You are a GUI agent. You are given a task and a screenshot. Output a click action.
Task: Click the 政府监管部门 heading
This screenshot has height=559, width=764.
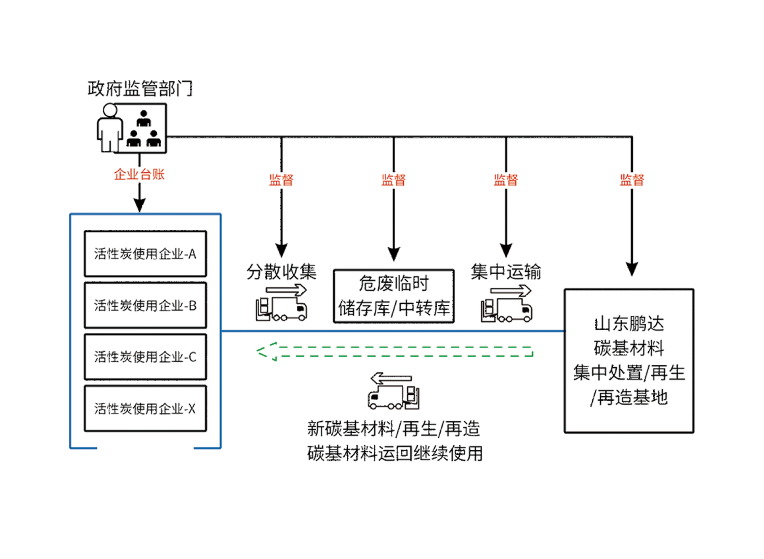pos(140,89)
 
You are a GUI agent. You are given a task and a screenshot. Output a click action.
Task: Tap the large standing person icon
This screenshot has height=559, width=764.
pos(109,128)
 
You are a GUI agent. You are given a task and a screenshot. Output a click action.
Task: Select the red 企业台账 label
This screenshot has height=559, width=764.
pos(139,174)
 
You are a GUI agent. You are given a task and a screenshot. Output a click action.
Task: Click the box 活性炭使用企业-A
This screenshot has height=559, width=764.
pos(146,254)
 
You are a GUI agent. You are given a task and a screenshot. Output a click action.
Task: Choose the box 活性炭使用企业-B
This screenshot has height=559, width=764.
pos(146,305)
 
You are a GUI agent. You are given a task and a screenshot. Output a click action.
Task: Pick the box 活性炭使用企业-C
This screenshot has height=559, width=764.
pos(146,357)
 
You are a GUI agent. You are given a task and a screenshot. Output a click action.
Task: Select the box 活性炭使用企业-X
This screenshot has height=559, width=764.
pos(146,408)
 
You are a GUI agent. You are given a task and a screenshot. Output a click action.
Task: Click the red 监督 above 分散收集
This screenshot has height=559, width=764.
pos(281,180)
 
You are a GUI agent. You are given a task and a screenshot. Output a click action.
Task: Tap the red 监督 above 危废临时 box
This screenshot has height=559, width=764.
pos(394,180)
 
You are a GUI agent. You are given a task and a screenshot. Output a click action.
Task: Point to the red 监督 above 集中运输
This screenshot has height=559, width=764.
pos(506,180)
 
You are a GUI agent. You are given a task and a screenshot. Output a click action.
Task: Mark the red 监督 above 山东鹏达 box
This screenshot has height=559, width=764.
pos(632,180)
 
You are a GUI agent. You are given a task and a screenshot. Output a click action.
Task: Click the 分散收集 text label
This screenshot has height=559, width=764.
pos(282,272)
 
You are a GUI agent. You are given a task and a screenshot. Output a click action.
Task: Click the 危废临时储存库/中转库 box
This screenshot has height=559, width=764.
pos(394,296)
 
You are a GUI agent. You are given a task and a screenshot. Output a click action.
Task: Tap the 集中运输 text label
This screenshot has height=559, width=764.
pos(506,272)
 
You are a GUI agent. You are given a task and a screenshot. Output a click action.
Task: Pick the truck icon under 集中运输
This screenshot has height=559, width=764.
pos(507,304)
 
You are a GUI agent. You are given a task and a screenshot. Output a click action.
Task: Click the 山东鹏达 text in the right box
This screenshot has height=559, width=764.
pos(629,324)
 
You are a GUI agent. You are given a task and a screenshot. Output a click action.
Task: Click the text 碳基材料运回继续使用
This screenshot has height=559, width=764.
pos(395,453)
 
